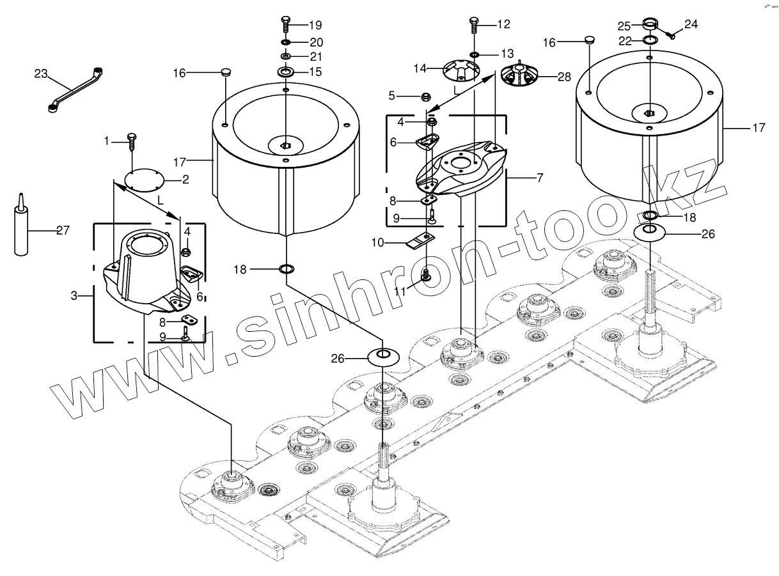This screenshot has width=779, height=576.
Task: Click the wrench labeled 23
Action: tap(75, 89)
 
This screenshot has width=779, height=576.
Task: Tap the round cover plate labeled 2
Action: tap(144, 178)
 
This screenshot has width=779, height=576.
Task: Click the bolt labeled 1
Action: tap(132, 141)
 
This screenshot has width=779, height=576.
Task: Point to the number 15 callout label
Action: tap(315, 72)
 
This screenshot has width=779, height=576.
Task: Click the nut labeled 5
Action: tap(425, 97)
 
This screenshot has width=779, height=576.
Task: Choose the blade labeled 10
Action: tap(420, 240)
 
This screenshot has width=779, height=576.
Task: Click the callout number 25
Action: tap(624, 26)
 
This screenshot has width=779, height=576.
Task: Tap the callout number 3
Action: tap(74, 296)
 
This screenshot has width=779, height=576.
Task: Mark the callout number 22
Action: tap(624, 41)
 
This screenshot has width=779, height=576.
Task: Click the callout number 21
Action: tap(315, 57)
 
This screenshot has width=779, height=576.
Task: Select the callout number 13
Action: tap(507, 52)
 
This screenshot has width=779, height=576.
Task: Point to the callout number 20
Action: tap(315, 42)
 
